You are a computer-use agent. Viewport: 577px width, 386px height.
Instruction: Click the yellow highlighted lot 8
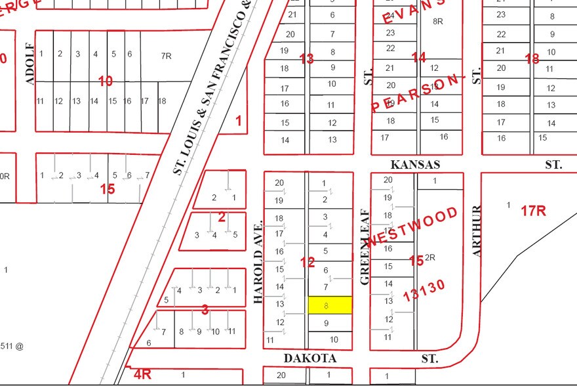pos(330,305)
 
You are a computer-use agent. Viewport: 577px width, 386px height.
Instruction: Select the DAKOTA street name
pos(310,358)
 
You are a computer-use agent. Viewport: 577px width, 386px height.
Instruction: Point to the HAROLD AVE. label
pos(258,261)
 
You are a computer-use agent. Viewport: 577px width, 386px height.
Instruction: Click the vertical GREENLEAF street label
pos(365,246)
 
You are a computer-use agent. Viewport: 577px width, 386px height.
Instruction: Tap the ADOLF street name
pos(29,64)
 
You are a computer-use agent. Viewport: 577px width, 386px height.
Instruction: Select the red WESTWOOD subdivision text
pos(412,227)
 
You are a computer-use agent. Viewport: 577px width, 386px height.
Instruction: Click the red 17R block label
pos(534,211)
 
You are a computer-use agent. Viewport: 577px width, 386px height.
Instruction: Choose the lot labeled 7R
pos(166,56)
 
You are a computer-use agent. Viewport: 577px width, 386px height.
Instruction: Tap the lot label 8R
pos(439,21)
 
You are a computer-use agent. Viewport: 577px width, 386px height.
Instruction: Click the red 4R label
pos(142,375)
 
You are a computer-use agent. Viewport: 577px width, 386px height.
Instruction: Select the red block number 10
pos(106,81)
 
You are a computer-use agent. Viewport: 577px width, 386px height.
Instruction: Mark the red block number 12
pos(308,263)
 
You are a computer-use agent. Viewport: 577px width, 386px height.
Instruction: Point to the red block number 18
pos(532,59)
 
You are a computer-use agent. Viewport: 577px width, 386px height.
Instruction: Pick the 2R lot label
pos(430,258)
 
